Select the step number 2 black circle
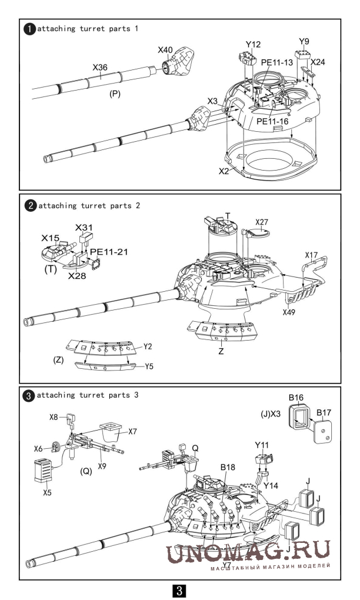pos(30,206)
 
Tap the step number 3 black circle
pos(29,395)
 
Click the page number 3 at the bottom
pos(179,590)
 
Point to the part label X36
pos(100,67)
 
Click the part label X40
pos(165,50)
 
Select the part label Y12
pos(254,44)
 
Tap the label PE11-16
pos(272,121)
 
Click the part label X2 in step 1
pos(224,171)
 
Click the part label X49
pos(289,312)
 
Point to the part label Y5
pos(149,366)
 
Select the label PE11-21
pos(109,252)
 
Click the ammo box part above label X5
pos(43,471)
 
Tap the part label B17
pos(324,413)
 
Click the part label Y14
pos(271,485)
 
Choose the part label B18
pos(228,467)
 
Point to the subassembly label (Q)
pos(86,471)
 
